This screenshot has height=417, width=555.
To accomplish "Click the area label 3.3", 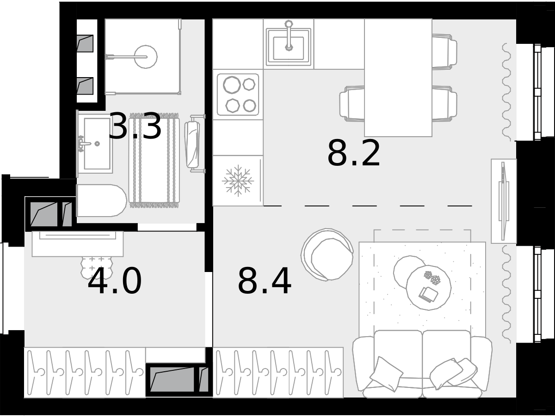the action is point(135,126).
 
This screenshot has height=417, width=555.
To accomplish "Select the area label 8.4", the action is point(265,281).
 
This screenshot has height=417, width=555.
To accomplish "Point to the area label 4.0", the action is point(114,281).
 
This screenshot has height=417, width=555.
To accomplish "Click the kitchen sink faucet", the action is point(289,36).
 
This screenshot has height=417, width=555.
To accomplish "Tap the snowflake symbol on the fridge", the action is point(238,181).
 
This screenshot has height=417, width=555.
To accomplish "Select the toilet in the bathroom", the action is point(101,200).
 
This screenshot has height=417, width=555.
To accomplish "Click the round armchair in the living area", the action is point(327,255).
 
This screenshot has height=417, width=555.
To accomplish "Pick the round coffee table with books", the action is point(429,287).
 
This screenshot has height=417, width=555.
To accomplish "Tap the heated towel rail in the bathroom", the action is point(194,144).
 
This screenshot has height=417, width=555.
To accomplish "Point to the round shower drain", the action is point(146,57).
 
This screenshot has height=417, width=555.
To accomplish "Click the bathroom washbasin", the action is point(95,143).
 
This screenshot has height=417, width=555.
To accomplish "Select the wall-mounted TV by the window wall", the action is point(503,201).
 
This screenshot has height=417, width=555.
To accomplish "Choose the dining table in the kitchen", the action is point(398,78).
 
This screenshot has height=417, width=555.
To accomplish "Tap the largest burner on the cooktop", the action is point(232,85).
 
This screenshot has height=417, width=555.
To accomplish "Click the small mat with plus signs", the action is point(97,267).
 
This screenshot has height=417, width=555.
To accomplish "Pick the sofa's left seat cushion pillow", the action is point(386,374).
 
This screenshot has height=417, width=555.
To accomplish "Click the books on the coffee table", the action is point(428,294).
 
